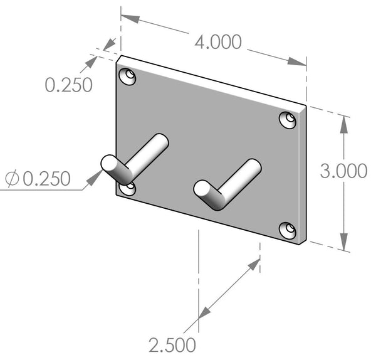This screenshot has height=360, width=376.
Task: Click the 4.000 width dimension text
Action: click(x=218, y=42)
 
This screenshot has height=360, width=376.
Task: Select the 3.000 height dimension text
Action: click(x=343, y=171)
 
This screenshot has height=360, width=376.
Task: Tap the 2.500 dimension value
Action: click(x=172, y=345)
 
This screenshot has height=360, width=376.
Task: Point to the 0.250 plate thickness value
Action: click(x=68, y=85)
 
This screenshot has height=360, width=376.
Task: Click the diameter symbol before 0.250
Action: click(x=13, y=178)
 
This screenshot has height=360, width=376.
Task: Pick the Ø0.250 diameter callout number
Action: click(x=46, y=179)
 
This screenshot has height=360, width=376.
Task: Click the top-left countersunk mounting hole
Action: click(x=127, y=77)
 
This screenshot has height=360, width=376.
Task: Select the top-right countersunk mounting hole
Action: click(x=288, y=120)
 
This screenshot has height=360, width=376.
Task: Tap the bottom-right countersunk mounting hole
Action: click(x=288, y=231)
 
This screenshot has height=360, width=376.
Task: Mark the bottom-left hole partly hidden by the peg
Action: click(x=128, y=189)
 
